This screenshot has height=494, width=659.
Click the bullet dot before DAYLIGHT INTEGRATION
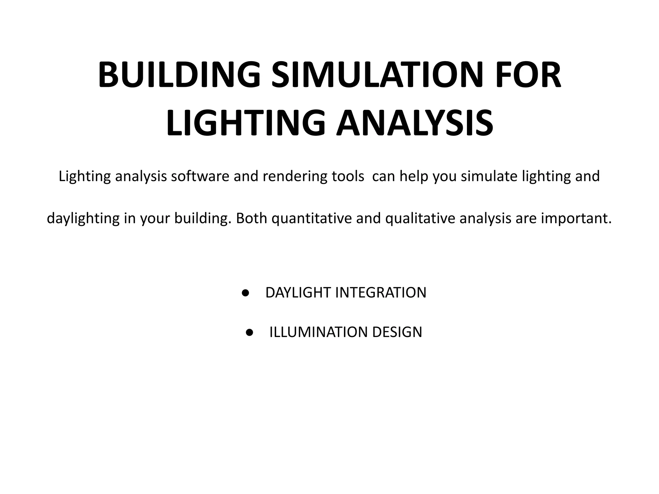(246, 293)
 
